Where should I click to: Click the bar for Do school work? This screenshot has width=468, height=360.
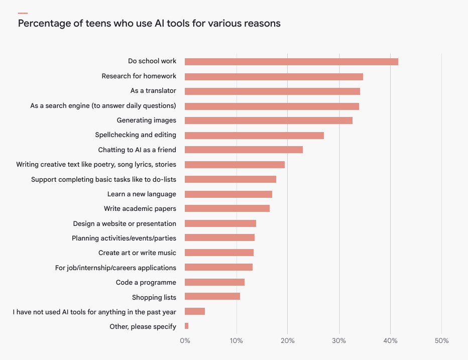click(291, 62)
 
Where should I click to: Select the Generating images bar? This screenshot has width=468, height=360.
click(269, 121)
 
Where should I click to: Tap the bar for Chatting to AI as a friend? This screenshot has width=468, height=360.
click(244, 150)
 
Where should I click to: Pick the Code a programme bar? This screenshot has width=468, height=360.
click(214, 282)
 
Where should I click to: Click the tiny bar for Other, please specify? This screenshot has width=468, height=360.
click(186, 326)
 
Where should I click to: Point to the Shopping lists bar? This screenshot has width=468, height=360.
click(212, 297)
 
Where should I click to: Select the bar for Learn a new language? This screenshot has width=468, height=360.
click(228, 194)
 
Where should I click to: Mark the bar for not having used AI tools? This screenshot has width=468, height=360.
click(195, 312)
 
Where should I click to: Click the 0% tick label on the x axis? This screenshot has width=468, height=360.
click(185, 341)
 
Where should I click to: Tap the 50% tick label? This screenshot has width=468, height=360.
click(441, 341)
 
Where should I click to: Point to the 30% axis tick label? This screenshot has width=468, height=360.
click(339, 341)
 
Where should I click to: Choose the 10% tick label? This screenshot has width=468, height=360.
click(237, 341)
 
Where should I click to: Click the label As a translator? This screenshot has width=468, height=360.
click(153, 91)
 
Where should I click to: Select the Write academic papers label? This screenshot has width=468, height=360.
click(140, 208)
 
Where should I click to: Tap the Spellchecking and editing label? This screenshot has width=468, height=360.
click(136, 135)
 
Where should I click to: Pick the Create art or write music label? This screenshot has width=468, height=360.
click(137, 253)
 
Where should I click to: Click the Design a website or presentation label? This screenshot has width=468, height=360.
click(125, 223)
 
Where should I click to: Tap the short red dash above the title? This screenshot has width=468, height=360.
click(23, 13)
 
